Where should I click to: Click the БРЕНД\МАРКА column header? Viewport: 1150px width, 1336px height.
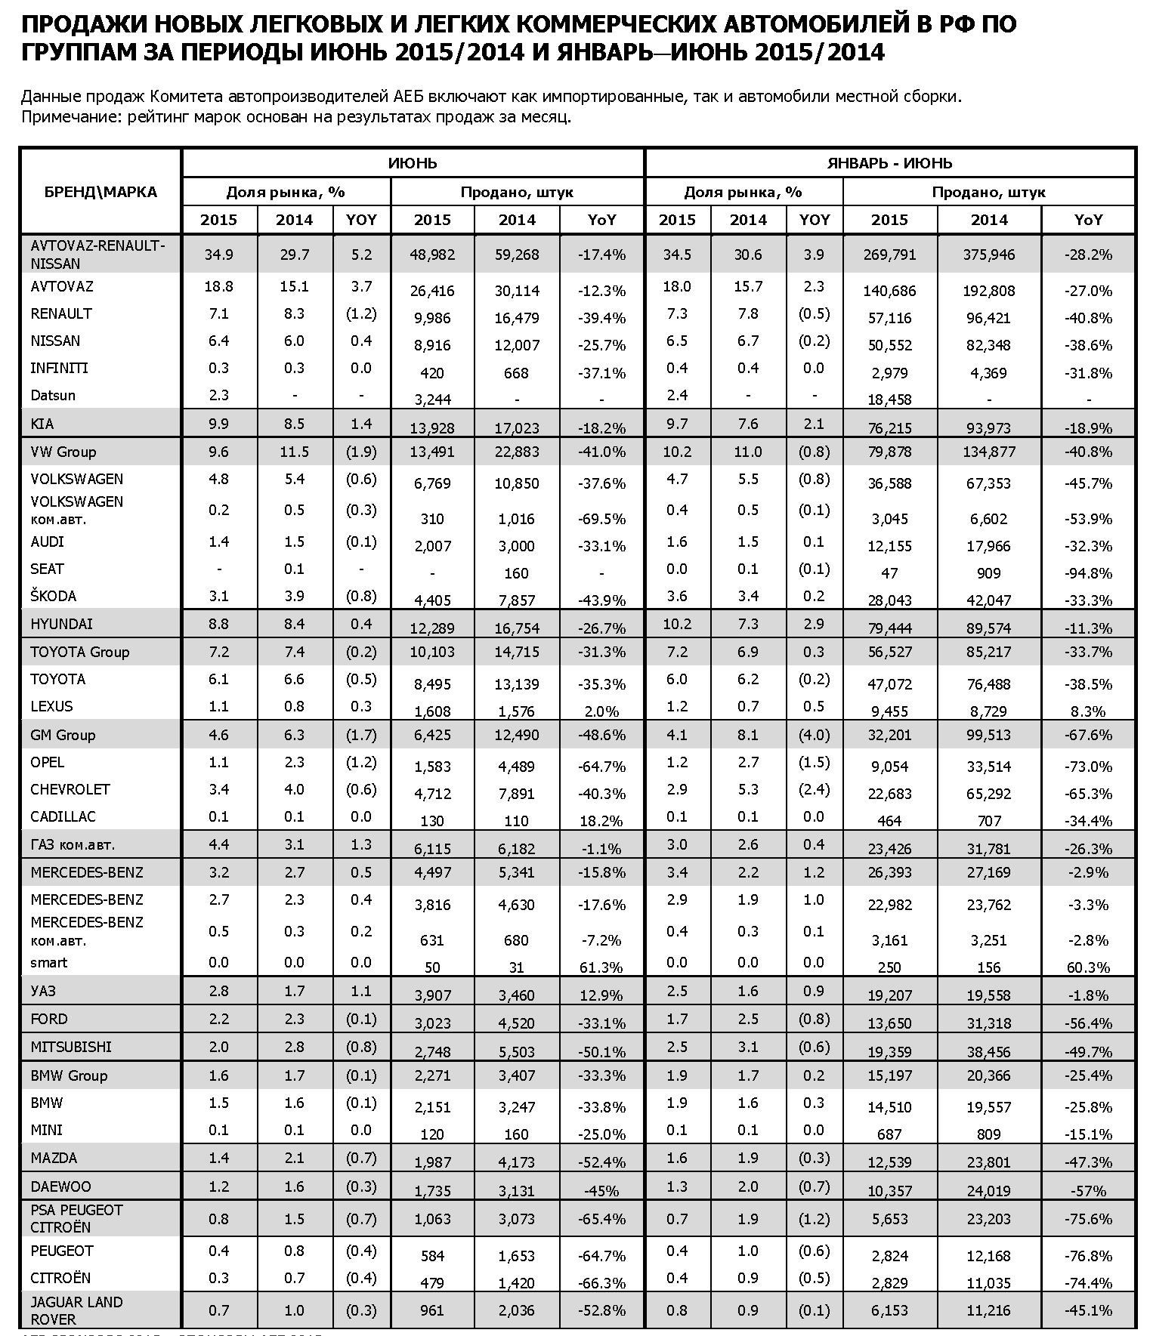pyautogui.click(x=100, y=192)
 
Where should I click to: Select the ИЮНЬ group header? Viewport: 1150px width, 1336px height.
pyautogui.click(x=413, y=163)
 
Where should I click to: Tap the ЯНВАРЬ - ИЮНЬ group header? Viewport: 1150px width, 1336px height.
pyautogui.click(x=889, y=163)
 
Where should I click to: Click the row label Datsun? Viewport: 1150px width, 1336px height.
pyautogui.click(x=53, y=395)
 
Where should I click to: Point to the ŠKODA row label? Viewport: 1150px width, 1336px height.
pyautogui.click(x=54, y=596)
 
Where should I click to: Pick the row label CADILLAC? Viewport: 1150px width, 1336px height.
pyautogui.click(x=63, y=816)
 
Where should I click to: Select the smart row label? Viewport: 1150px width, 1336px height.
pyautogui.click(x=49, y=962)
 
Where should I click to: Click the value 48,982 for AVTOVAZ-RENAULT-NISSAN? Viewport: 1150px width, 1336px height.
pyautogui.click(x=432, y=255)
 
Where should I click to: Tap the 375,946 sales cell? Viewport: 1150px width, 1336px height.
pyautogui.click(x=989, y=255)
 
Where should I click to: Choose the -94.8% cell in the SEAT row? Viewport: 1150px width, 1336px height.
pyautogui.click(x=1088, y=573)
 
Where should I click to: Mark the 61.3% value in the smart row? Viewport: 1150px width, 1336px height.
pyautogui.click(x=601, y=967)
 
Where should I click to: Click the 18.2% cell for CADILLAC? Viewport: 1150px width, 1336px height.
pyautogui.click(x=601, y=821)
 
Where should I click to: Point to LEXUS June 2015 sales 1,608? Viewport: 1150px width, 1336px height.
pyautogui.click(x=432, y=711)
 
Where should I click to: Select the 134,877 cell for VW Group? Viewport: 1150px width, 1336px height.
pyautogui.click(x=989, y=452)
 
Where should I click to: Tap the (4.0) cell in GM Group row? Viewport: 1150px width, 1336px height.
pyautogui.click(x=814, y=735)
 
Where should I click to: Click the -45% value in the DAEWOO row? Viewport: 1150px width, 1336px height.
pyautogui.click(x=601, y=1191)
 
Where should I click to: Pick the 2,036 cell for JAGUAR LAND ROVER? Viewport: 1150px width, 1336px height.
pyautogui.click(x=517, y=1310)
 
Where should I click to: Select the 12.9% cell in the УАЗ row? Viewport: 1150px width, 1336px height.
pyautogui.click(x=601, y=995)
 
